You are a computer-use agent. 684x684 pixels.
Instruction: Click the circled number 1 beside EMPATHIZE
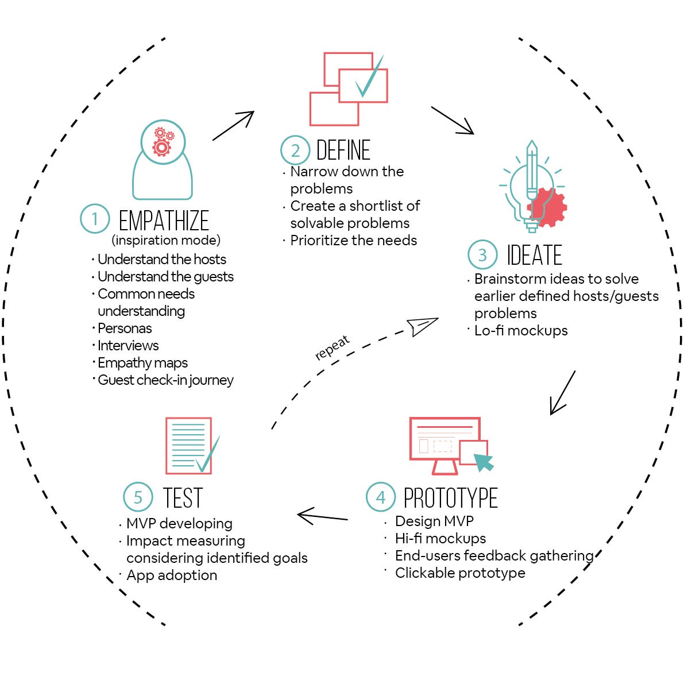95,219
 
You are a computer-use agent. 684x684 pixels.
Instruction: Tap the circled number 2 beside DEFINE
295,150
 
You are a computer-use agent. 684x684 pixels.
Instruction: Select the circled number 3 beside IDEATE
482,254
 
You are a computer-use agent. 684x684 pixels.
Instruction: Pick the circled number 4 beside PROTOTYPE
381,497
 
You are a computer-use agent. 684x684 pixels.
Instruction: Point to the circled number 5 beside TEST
138,497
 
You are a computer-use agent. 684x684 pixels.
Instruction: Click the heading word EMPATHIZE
164,221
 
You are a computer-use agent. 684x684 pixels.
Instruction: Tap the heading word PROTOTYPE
450,498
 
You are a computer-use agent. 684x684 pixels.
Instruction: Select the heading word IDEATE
534,256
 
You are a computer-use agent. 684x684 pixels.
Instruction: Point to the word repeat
332,348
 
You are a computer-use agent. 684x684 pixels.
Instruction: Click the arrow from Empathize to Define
233,126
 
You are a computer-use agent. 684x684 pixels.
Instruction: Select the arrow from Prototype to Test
323,516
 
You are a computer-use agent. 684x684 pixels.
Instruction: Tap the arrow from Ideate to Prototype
562,393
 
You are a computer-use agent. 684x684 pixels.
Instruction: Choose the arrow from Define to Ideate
453,121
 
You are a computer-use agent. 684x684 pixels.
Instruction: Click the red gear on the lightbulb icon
548,207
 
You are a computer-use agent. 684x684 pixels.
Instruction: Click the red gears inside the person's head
163,142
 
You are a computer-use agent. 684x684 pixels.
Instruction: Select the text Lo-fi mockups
521,331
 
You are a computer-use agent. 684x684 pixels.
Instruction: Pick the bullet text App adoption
172,575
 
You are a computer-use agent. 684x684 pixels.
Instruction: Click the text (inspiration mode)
166,240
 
